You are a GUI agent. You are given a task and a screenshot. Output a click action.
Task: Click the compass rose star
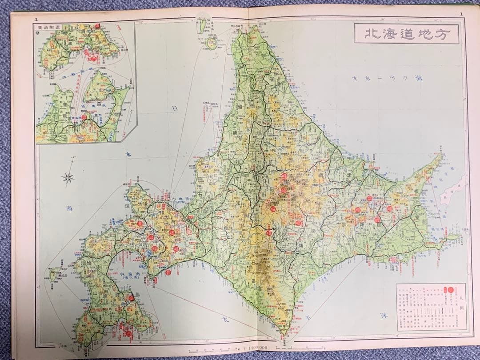[x=68, y=178]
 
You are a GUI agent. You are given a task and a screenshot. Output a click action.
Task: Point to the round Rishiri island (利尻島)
[x=211, y=43]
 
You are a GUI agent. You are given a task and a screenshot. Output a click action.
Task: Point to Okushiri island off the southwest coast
[x=55, y=274]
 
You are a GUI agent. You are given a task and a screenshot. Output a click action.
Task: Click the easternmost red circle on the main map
[x=389, y=208]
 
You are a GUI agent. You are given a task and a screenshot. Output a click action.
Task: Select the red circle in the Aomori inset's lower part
[x=84, y=117]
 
